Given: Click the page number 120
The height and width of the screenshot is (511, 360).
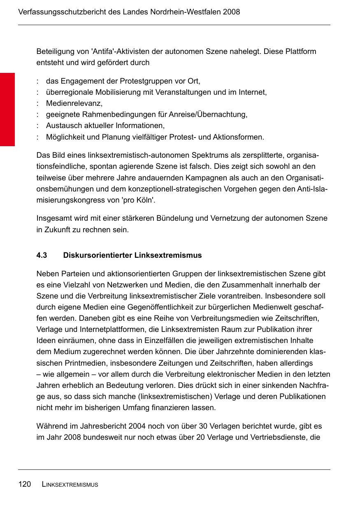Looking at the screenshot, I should [24, 484].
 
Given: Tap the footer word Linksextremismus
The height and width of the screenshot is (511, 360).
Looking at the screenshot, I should [70, 485].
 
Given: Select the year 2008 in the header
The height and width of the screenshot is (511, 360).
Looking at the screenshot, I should [231, 12].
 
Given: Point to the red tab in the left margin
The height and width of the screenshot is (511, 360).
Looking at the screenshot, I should [7, 110].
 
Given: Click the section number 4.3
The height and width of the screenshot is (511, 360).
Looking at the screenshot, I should [42, 255].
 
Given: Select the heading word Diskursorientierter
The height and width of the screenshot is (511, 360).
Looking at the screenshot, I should [98, 255].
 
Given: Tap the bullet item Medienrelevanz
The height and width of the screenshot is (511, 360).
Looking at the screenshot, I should [74, 103].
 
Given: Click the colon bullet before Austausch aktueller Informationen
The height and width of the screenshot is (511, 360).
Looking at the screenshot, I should [38, 126].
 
